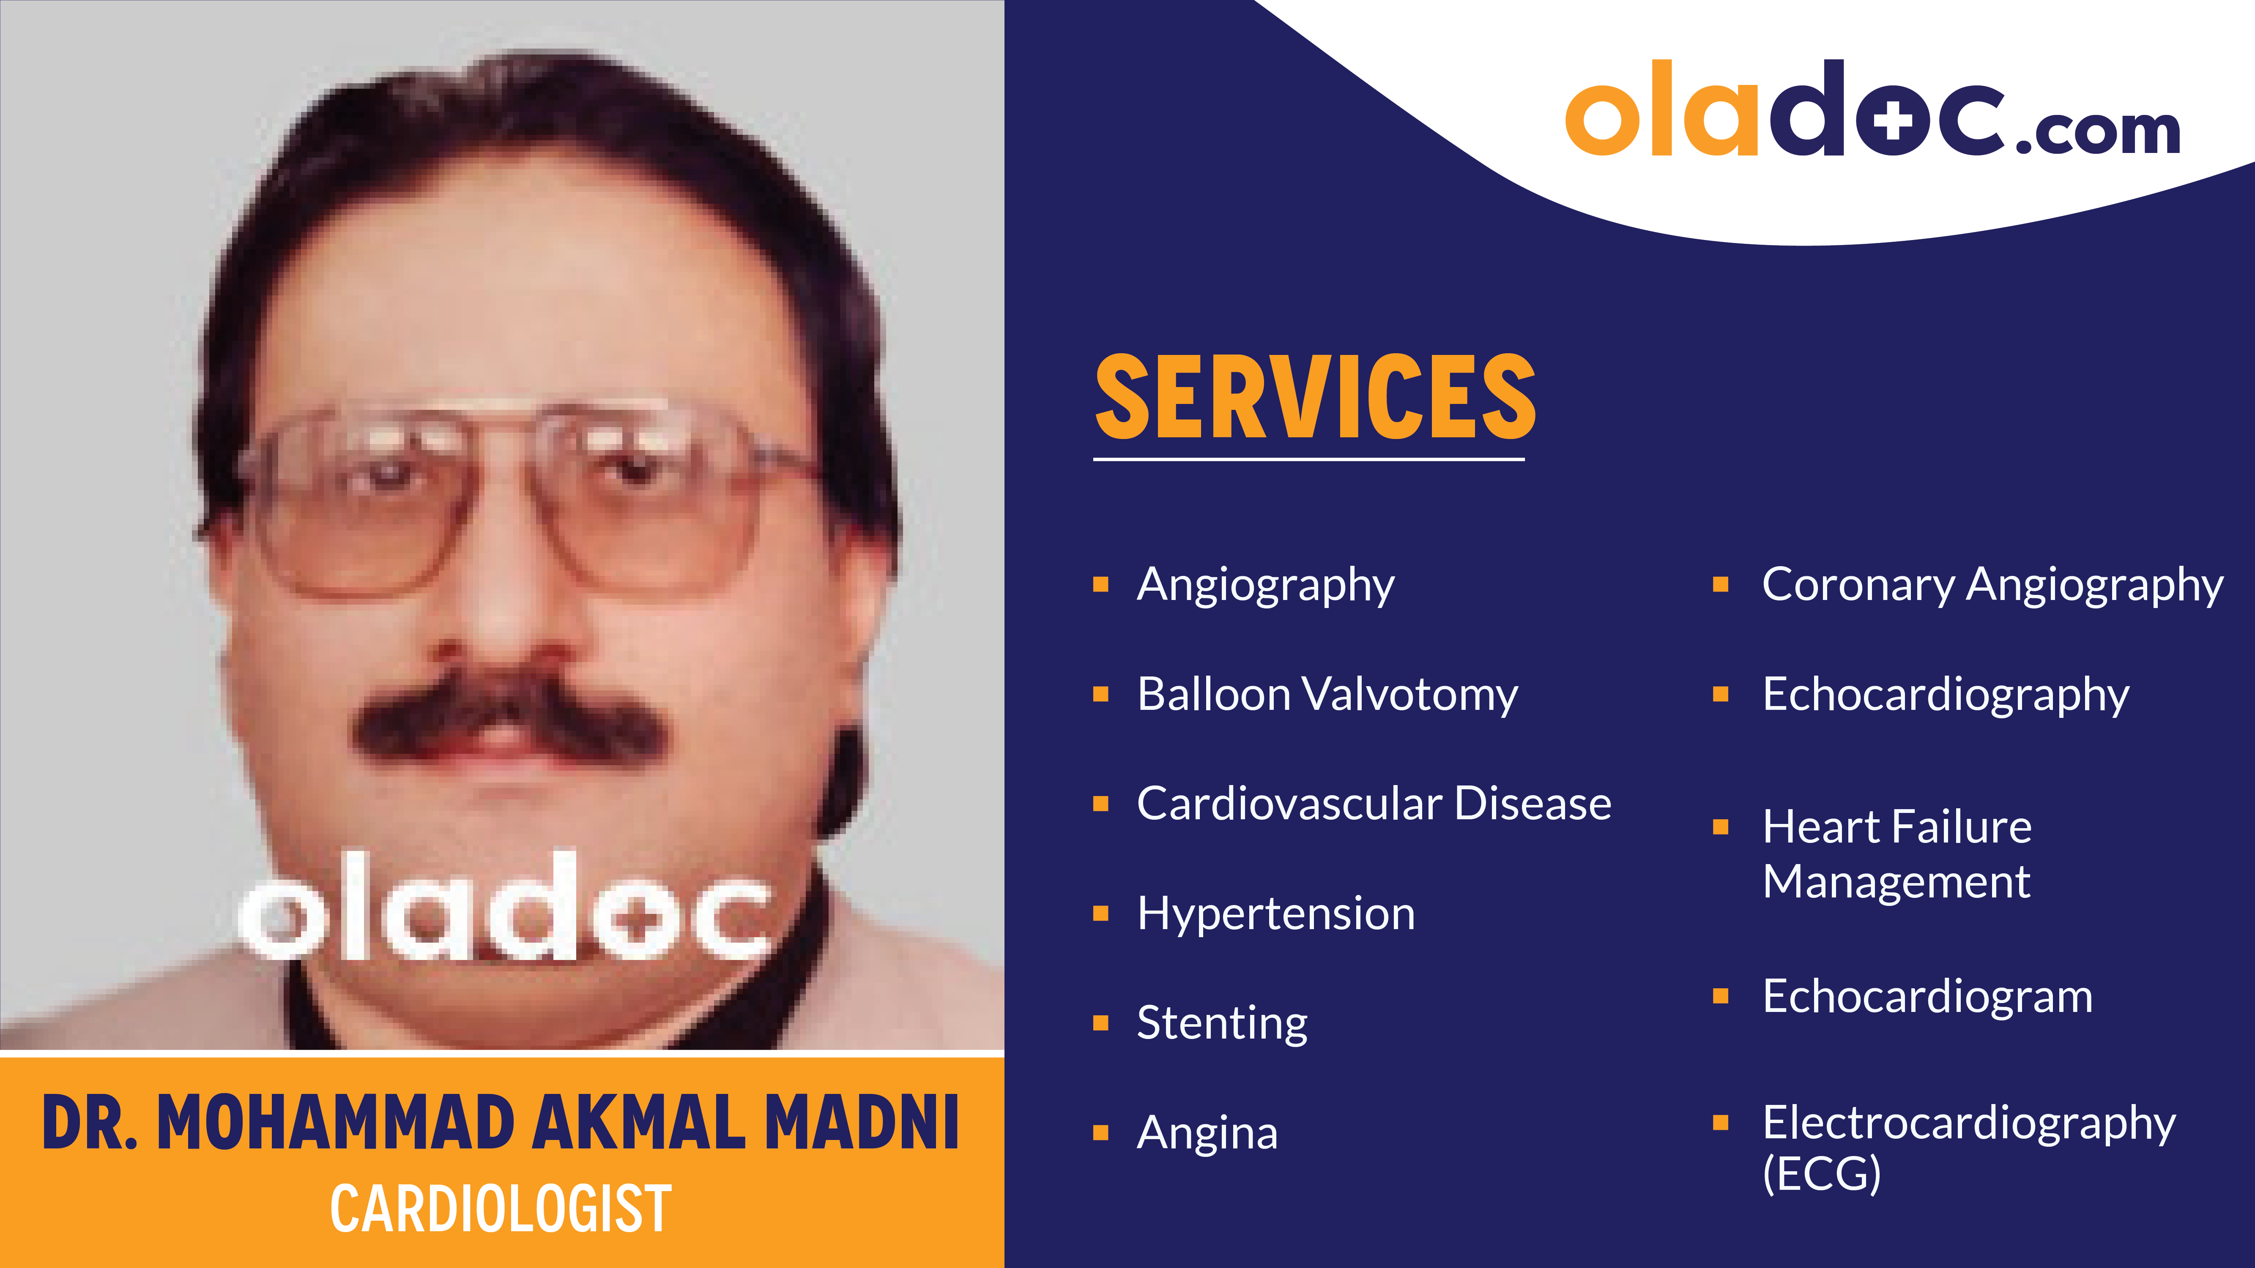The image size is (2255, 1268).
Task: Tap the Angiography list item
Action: coord(1265,584)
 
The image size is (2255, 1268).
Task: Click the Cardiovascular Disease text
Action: coord(1374,803)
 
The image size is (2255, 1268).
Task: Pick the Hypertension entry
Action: coord(1275,914)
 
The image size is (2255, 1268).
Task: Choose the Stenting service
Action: coord(1222,1023)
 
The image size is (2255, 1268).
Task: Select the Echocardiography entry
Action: coord(1945,695)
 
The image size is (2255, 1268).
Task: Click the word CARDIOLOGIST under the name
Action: coord(501,1208)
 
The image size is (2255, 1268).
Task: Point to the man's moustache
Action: coord(508,713)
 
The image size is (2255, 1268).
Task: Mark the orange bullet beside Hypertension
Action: coord(1101,914)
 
